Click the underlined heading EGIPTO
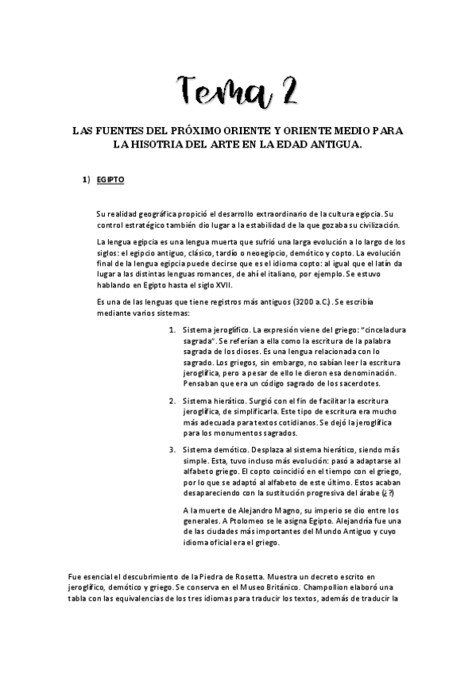pyautogui.click(x=110, y=180)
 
